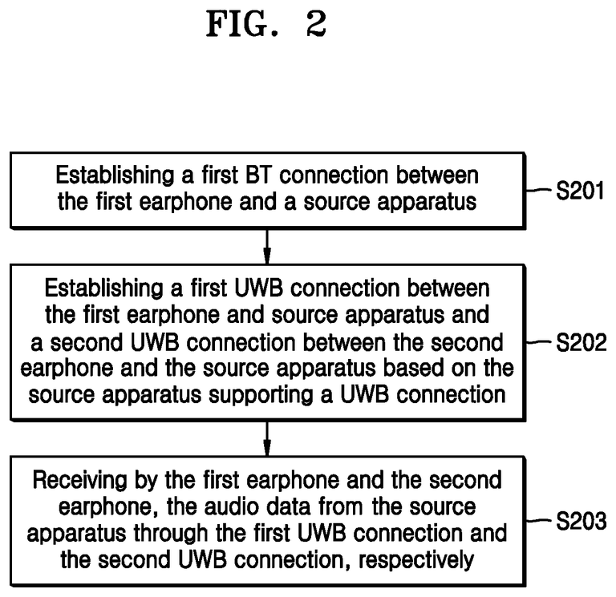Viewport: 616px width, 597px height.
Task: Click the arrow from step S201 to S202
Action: click(267, 245)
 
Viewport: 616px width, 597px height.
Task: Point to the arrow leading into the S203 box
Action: click(267, 437)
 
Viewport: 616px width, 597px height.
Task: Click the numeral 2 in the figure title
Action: click(314, 24)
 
